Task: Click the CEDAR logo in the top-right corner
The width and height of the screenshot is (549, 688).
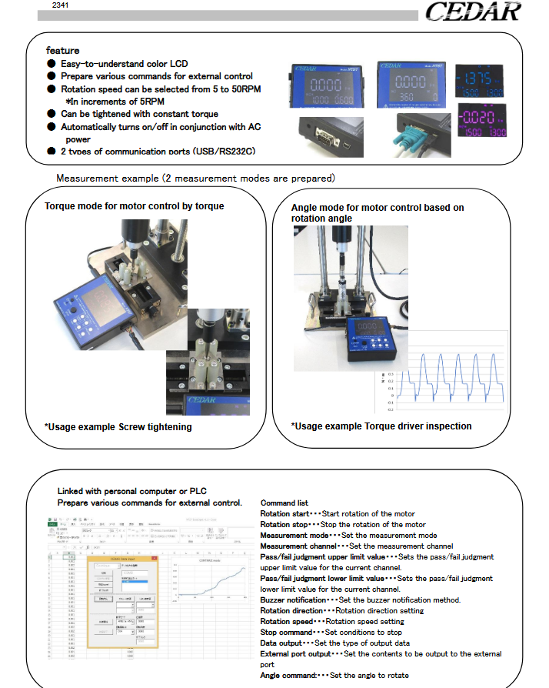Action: click(472, 13)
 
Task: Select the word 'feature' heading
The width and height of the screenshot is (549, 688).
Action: click(62, 51)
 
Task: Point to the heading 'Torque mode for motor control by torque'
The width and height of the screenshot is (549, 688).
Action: click(135, 206)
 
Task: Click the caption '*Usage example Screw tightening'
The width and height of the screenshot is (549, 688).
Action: click(118, 426)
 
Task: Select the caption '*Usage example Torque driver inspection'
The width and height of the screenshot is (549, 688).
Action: click(381, 426)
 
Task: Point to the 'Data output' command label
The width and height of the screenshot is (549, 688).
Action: click(281, 643)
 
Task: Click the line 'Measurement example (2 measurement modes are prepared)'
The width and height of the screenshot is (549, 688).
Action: click(195, 179)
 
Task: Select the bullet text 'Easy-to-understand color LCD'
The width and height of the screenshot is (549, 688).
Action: click(124, 64)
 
